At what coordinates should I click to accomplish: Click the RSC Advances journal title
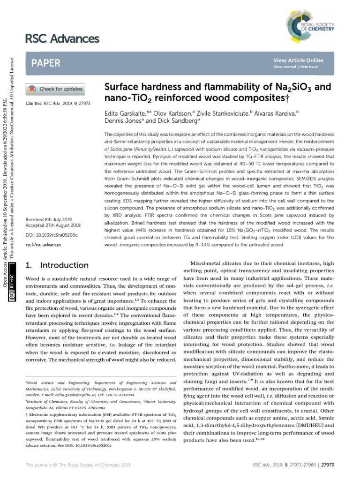[x=60, y=38]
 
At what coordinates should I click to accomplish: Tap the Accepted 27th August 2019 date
[x=53, y=225]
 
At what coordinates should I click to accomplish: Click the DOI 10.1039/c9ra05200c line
[x=52, y=233]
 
